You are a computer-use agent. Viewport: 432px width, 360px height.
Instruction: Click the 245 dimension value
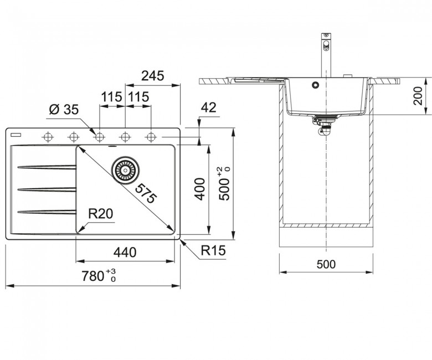click(153, 76)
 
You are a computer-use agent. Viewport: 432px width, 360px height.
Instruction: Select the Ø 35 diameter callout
click(64, 109)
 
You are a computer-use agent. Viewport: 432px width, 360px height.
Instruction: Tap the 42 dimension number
click(209, 107)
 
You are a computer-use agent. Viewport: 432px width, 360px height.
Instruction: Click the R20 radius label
click(101, 213)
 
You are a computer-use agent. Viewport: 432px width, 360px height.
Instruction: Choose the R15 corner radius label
click(213, 250)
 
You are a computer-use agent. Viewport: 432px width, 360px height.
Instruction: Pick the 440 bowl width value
click(125, 252)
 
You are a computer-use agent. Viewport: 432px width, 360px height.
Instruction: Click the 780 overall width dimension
click(99, 276)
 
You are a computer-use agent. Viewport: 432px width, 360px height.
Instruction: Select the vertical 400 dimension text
click(200, 189)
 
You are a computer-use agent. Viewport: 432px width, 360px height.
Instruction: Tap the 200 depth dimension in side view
click(418, 96)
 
